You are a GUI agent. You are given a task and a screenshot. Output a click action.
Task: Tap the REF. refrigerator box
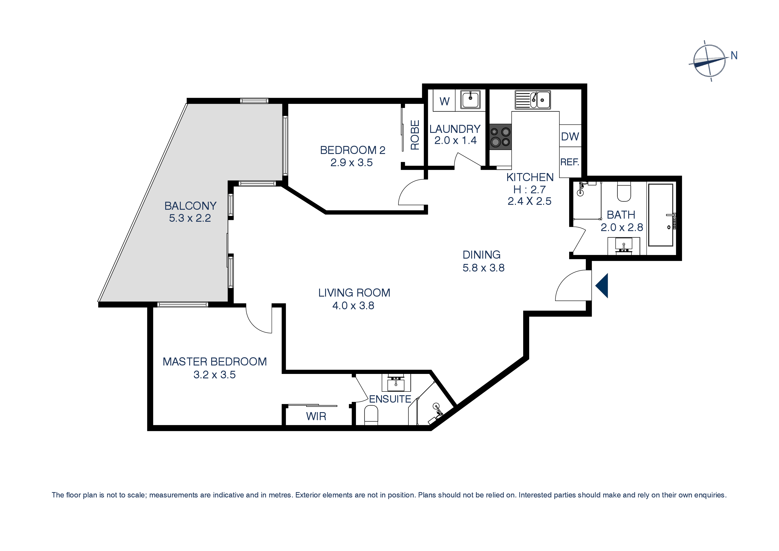tap(570, 162)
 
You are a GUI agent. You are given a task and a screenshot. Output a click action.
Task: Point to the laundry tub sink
tap(470, 100)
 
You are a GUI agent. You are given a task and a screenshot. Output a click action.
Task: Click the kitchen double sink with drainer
tap(533, 100)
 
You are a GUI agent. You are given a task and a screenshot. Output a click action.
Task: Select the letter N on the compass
tap(734, 55)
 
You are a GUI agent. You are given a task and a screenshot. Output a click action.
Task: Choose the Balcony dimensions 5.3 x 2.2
tap(190, 218)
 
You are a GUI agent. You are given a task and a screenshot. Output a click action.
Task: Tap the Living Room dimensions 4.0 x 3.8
tap(353, 305)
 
